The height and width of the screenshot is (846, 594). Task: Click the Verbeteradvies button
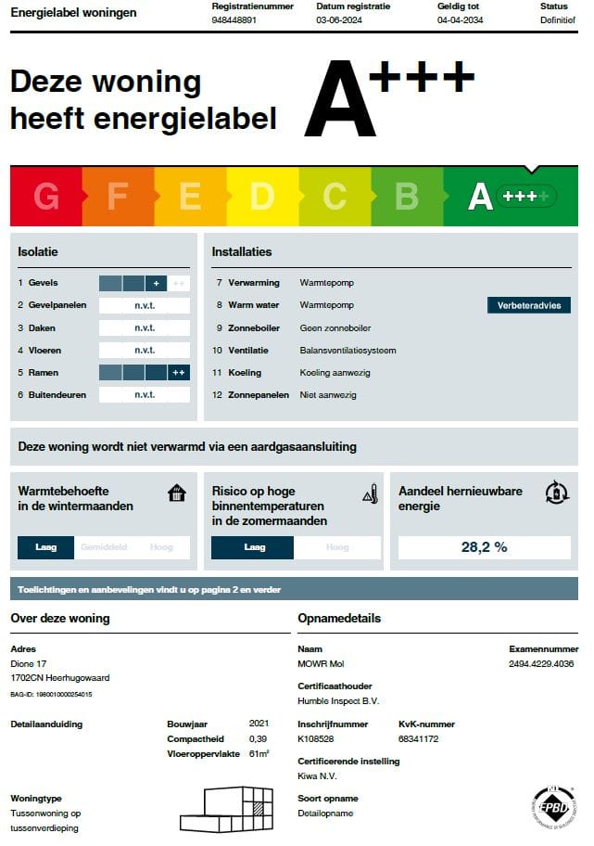(528, 305)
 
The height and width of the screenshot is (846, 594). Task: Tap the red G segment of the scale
(46, 197)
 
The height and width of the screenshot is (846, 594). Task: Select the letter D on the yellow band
(262, 197)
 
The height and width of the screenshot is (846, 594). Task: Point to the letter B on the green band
(407, 197)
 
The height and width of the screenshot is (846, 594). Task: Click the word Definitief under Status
(558, 19)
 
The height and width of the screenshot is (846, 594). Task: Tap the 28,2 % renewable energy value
(484, 547)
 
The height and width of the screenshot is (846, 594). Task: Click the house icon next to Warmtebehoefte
(177, 493)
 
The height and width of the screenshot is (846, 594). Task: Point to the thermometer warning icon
(371, 493)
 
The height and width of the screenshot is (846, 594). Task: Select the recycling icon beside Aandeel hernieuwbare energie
(557, 492)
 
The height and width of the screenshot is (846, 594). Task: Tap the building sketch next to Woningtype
(227, 809)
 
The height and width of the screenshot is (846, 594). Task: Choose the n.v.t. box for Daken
(145, 327)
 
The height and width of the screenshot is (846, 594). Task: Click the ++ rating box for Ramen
(179, 373)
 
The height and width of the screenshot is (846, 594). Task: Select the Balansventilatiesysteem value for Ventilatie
(348, 351)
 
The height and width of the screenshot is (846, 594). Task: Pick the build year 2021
(259, 723)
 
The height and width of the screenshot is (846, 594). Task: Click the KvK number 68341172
(418, 739)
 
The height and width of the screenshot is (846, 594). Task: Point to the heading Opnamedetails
(339, 619)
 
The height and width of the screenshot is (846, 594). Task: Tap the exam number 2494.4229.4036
(541, 664)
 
